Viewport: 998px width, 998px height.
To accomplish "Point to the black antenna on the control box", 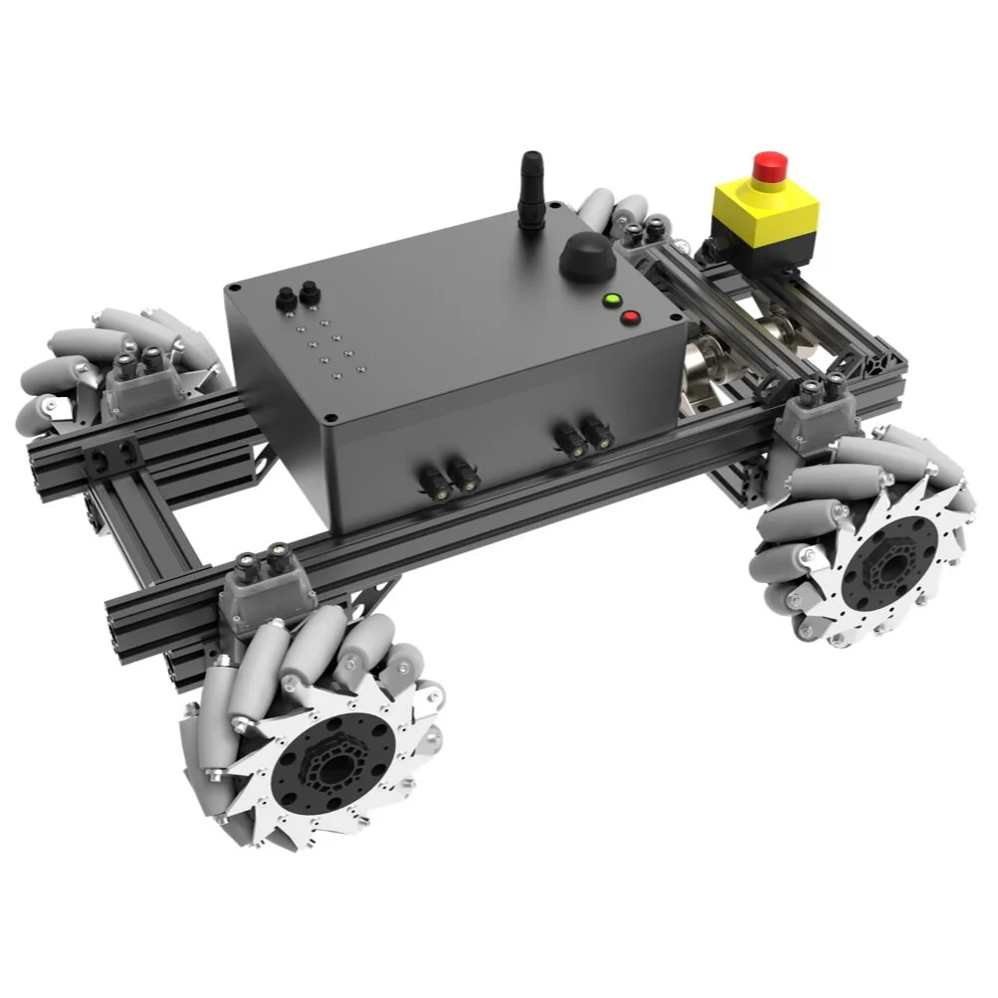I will pos(531,190).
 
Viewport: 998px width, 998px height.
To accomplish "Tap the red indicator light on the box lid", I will pos(630,318).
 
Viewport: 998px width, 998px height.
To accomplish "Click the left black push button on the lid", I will pos(286,296).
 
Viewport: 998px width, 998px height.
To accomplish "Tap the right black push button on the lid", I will pos(308,291).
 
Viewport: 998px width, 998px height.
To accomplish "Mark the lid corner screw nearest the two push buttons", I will pos(233,289).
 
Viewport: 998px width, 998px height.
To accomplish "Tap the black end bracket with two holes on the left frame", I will pos(108,457).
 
